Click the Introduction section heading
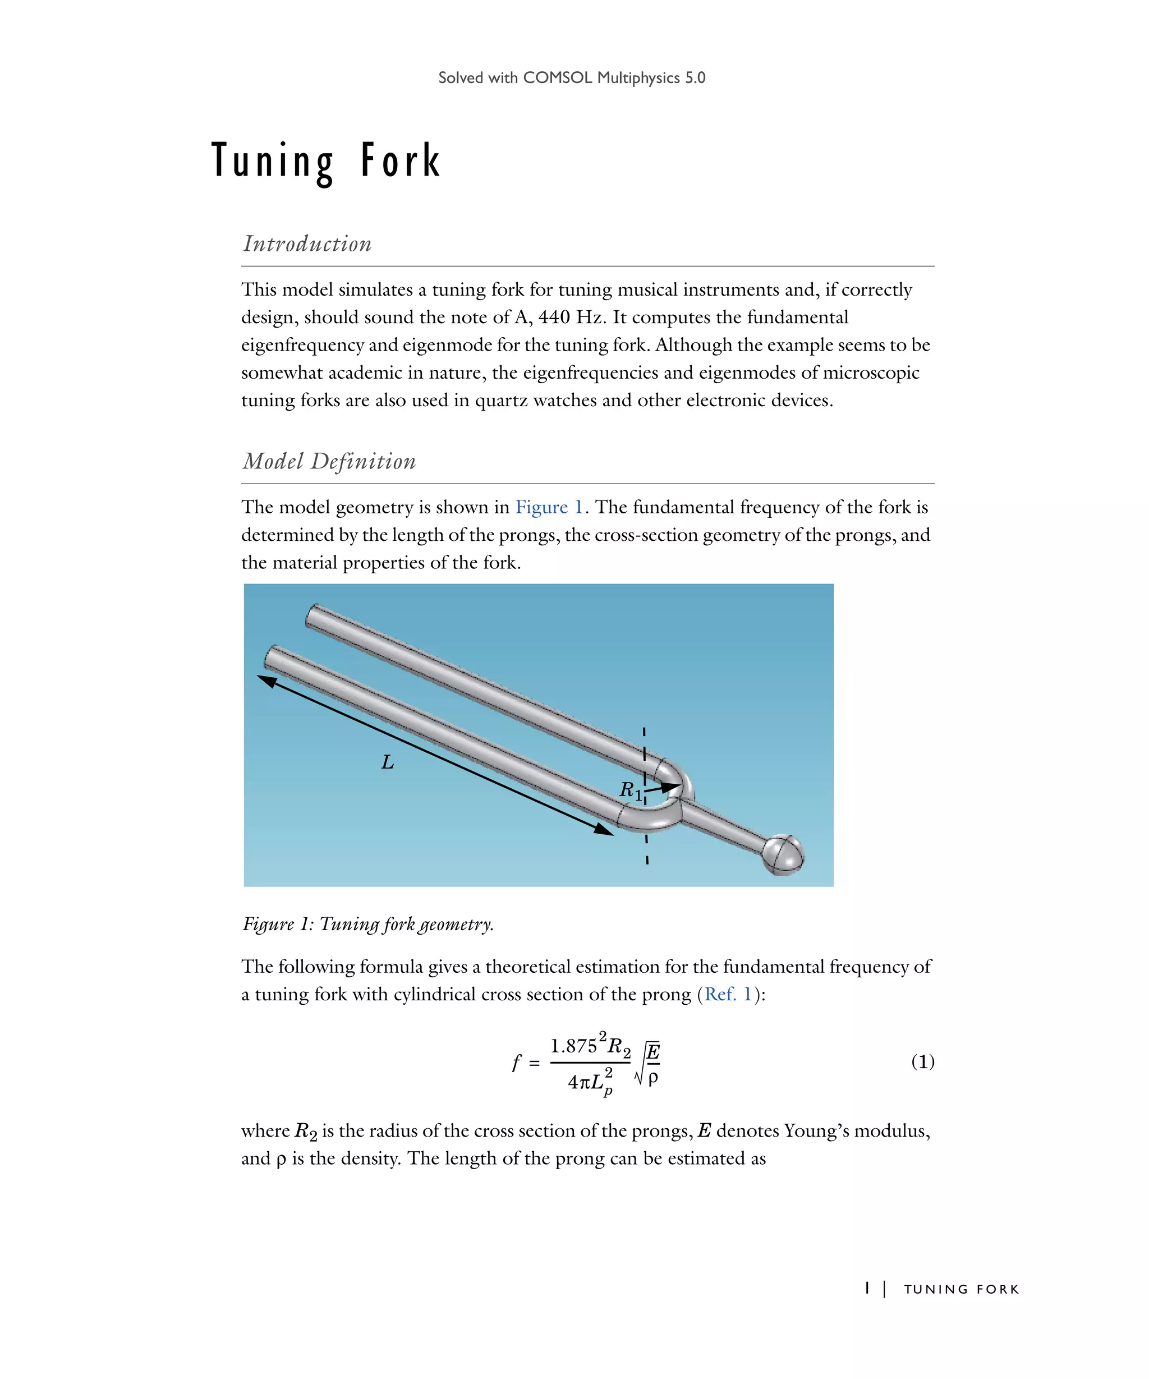[307, 243]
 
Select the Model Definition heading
[329, 461]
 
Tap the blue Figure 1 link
[549, 507]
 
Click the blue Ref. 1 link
[728, 994]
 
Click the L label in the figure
[387, 762]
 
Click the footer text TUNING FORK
[961, 1289]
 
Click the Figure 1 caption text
[367, 924]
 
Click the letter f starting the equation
[517, 1062]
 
